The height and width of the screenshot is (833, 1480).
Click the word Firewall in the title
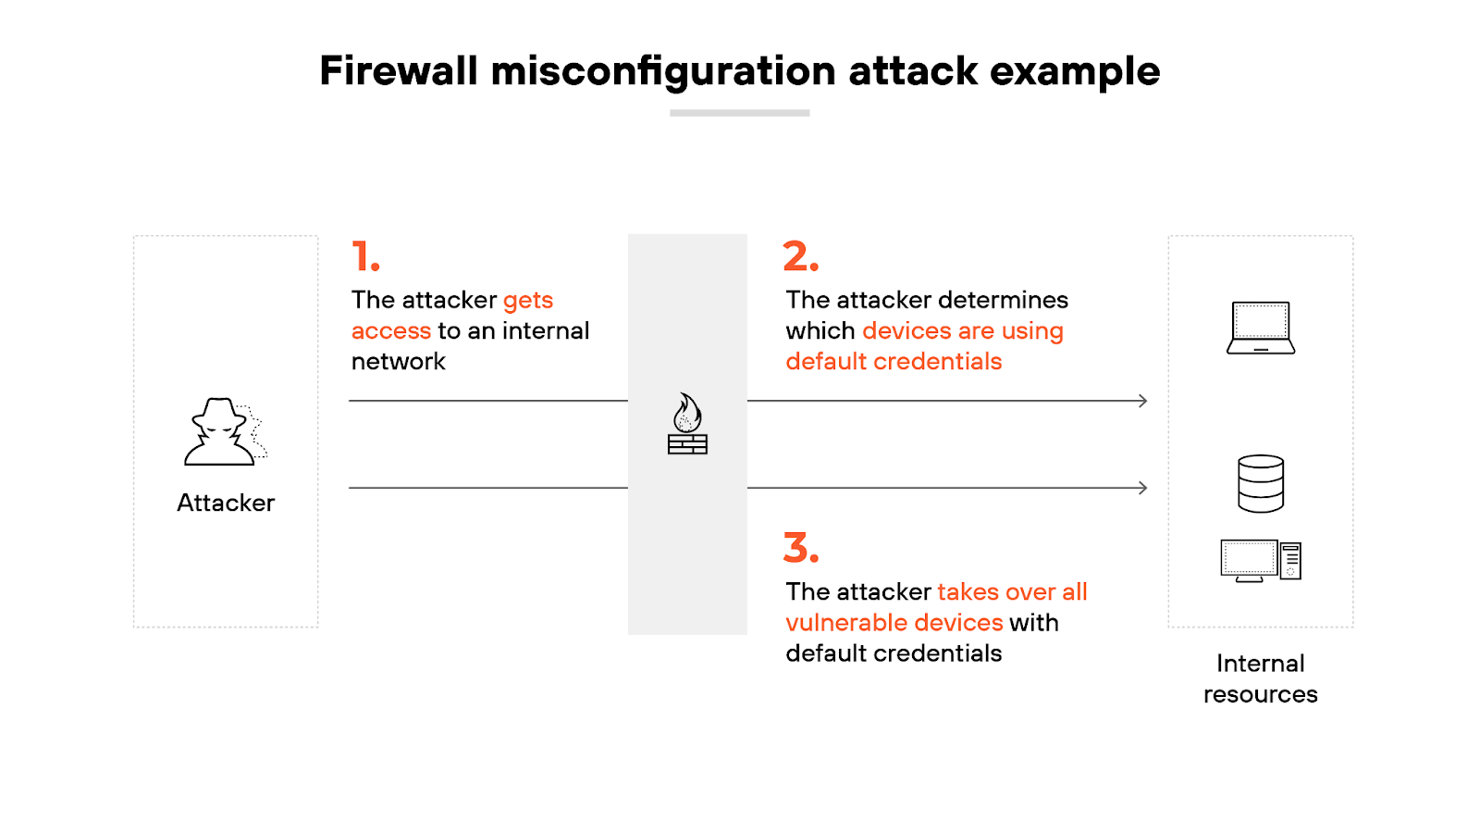click(x=399, y=71)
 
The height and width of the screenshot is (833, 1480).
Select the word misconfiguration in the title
click(x=662, y=71)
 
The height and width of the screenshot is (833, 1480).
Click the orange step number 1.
click(x=365, y=257)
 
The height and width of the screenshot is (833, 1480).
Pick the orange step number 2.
click(x=800, y=257)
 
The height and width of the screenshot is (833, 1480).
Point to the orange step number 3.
click(x=800, y=548)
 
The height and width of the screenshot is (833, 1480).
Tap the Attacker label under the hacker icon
click(x=226, y=503)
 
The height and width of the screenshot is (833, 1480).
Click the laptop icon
click(x=1260, y=328)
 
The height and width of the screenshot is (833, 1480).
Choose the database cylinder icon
click(x=1260, y=483)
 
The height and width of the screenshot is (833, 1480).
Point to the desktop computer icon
click(x=1260, y=561)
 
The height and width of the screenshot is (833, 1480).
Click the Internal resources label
click(x=1260, y=678)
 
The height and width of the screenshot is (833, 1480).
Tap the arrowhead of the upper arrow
click(x=1143, y=401)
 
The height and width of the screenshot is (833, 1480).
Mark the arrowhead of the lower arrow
click(x=1143, y=488)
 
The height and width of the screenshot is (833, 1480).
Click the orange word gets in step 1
click(x=528, y=301)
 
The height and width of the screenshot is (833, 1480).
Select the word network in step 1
click(x=398, y=362)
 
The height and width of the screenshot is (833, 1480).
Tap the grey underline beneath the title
click(x=739, y=113)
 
